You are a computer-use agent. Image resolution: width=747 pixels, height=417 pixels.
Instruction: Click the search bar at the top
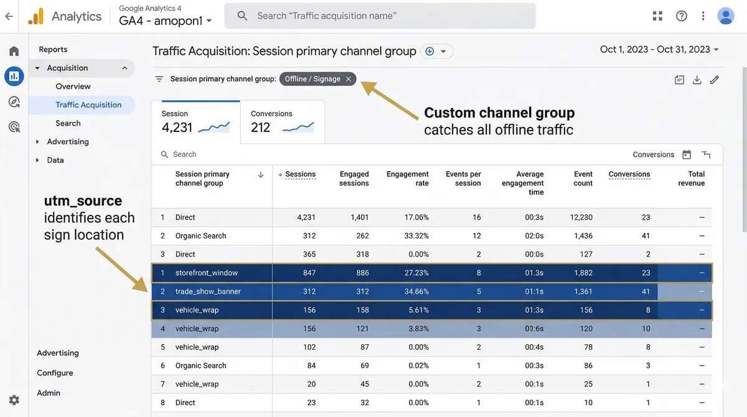tap(380, 16)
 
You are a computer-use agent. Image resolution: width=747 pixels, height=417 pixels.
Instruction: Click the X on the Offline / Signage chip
tap(349, 79)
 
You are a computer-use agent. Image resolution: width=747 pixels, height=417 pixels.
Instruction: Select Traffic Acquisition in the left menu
tap(88, 105)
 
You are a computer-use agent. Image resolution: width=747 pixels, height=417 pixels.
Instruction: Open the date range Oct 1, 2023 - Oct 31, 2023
tap(659, 50)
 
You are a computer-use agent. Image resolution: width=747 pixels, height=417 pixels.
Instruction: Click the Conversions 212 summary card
tap(282, 122)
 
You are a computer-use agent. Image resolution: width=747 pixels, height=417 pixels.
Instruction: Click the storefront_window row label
tap(207, 273)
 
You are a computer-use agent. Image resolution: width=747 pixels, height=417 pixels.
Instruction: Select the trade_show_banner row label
tap(208, 291)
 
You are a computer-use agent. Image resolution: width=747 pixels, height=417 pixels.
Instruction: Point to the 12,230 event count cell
tap(580, 217)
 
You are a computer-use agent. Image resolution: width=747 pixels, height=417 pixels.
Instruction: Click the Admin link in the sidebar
tap(49, 393)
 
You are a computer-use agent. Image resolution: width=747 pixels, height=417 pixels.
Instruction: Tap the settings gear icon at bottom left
tap(14, 400)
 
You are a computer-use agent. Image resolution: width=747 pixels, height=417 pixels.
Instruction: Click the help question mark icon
tap(682, 16)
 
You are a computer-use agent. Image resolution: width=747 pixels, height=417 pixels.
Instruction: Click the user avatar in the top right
tap(726, 16)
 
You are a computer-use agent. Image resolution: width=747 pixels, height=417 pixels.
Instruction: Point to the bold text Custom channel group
tap(499, 113)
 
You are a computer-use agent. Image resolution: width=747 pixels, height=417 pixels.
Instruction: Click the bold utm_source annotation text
tap(83, 201)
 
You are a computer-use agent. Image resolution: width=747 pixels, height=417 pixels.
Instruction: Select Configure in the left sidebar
tap(55, 373)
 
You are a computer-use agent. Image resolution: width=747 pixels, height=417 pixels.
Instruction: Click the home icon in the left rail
tap(14, 51)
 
